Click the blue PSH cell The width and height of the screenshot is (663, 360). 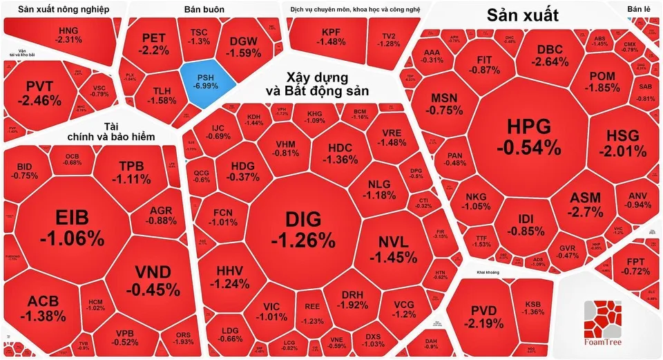206,81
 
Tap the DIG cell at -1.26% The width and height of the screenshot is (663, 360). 302,229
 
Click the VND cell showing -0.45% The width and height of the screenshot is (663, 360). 153,280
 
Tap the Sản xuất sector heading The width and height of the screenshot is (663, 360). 522,15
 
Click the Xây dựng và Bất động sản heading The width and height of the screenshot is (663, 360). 318,84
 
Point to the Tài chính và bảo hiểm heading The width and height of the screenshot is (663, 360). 111,131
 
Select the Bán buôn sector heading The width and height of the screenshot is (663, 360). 202,10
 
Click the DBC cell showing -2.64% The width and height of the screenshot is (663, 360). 550,55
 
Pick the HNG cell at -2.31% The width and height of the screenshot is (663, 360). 69,35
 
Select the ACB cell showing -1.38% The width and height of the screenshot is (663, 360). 43,309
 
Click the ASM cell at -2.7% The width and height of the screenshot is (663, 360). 585,204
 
